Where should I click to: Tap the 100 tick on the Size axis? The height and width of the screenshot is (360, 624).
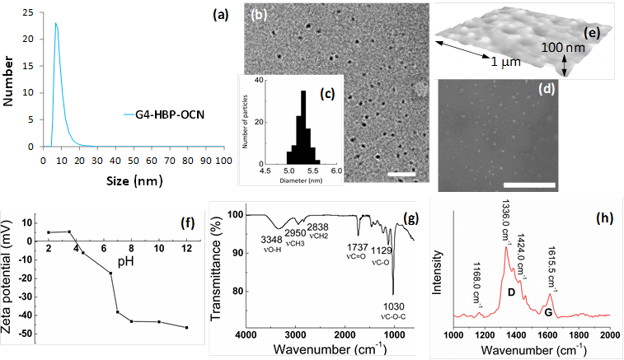pos(219,161)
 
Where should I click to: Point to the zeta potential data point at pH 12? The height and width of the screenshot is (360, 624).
pos(186,327)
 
